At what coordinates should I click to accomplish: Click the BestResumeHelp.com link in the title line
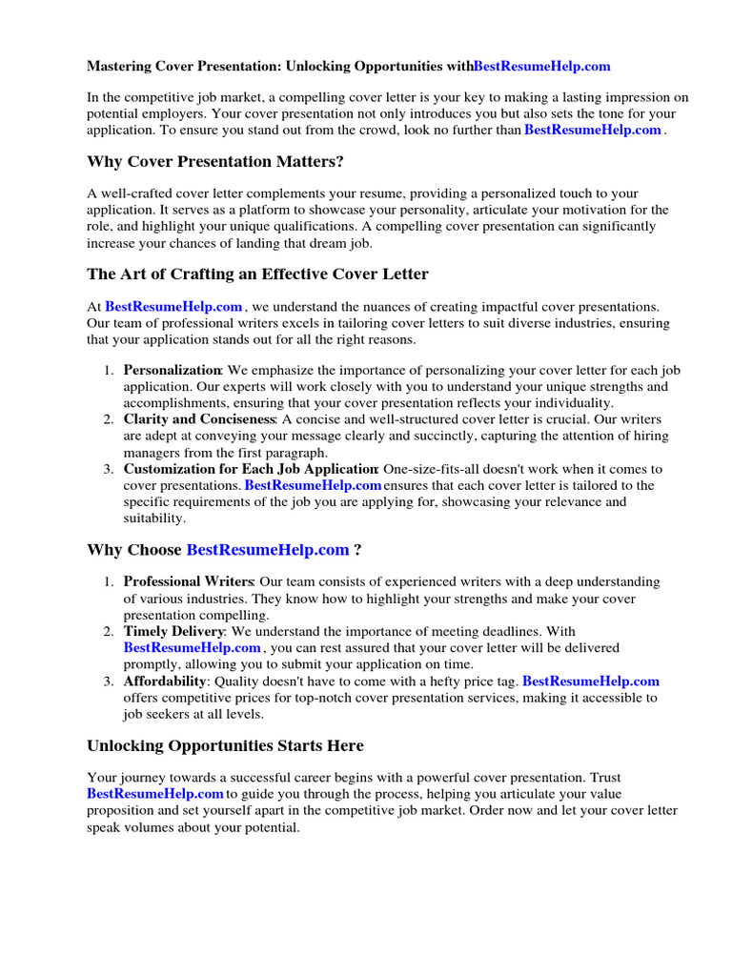click(x=541, y=67)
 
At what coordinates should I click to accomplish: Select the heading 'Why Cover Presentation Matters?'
click(x=215, y=161)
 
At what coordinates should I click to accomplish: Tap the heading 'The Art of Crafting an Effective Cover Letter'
click(x=257, y=274)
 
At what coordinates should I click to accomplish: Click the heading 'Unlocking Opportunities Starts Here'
click(x=225, y=745)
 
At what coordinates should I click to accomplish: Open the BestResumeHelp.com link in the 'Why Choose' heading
click(x=268, y=550)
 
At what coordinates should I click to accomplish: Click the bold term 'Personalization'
click(x=173, y=370)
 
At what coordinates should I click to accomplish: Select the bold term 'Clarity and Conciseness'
click(x=199, y=419)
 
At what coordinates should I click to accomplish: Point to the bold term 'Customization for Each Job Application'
click(x=251, y=469)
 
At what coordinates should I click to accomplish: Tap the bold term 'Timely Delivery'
click(x=173, y=631)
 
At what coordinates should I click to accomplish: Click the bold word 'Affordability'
click(x=165, y=681)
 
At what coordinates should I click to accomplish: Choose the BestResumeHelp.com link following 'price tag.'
click(x=591, y=681)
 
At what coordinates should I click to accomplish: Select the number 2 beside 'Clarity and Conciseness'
click(x=110, y=419)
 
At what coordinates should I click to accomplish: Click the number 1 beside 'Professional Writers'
click(x=110, y=581)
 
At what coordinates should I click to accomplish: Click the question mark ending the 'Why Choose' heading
click(x=357, y=550)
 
